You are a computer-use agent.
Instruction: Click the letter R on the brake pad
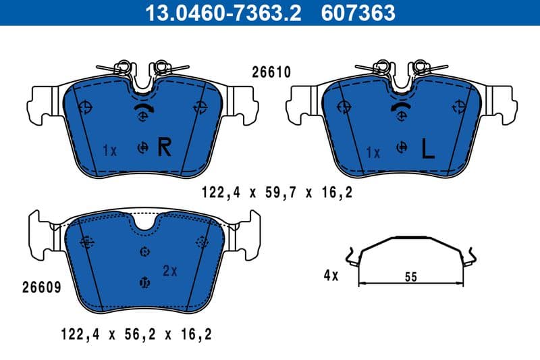point(164,147)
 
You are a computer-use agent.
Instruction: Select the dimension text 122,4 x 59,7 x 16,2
point(277,193)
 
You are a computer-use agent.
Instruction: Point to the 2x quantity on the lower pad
point(169,271)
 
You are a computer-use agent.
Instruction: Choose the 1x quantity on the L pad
point(373,153)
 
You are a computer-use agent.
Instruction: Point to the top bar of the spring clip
point(411,238)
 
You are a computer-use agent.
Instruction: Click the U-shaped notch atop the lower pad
point(143,222)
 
